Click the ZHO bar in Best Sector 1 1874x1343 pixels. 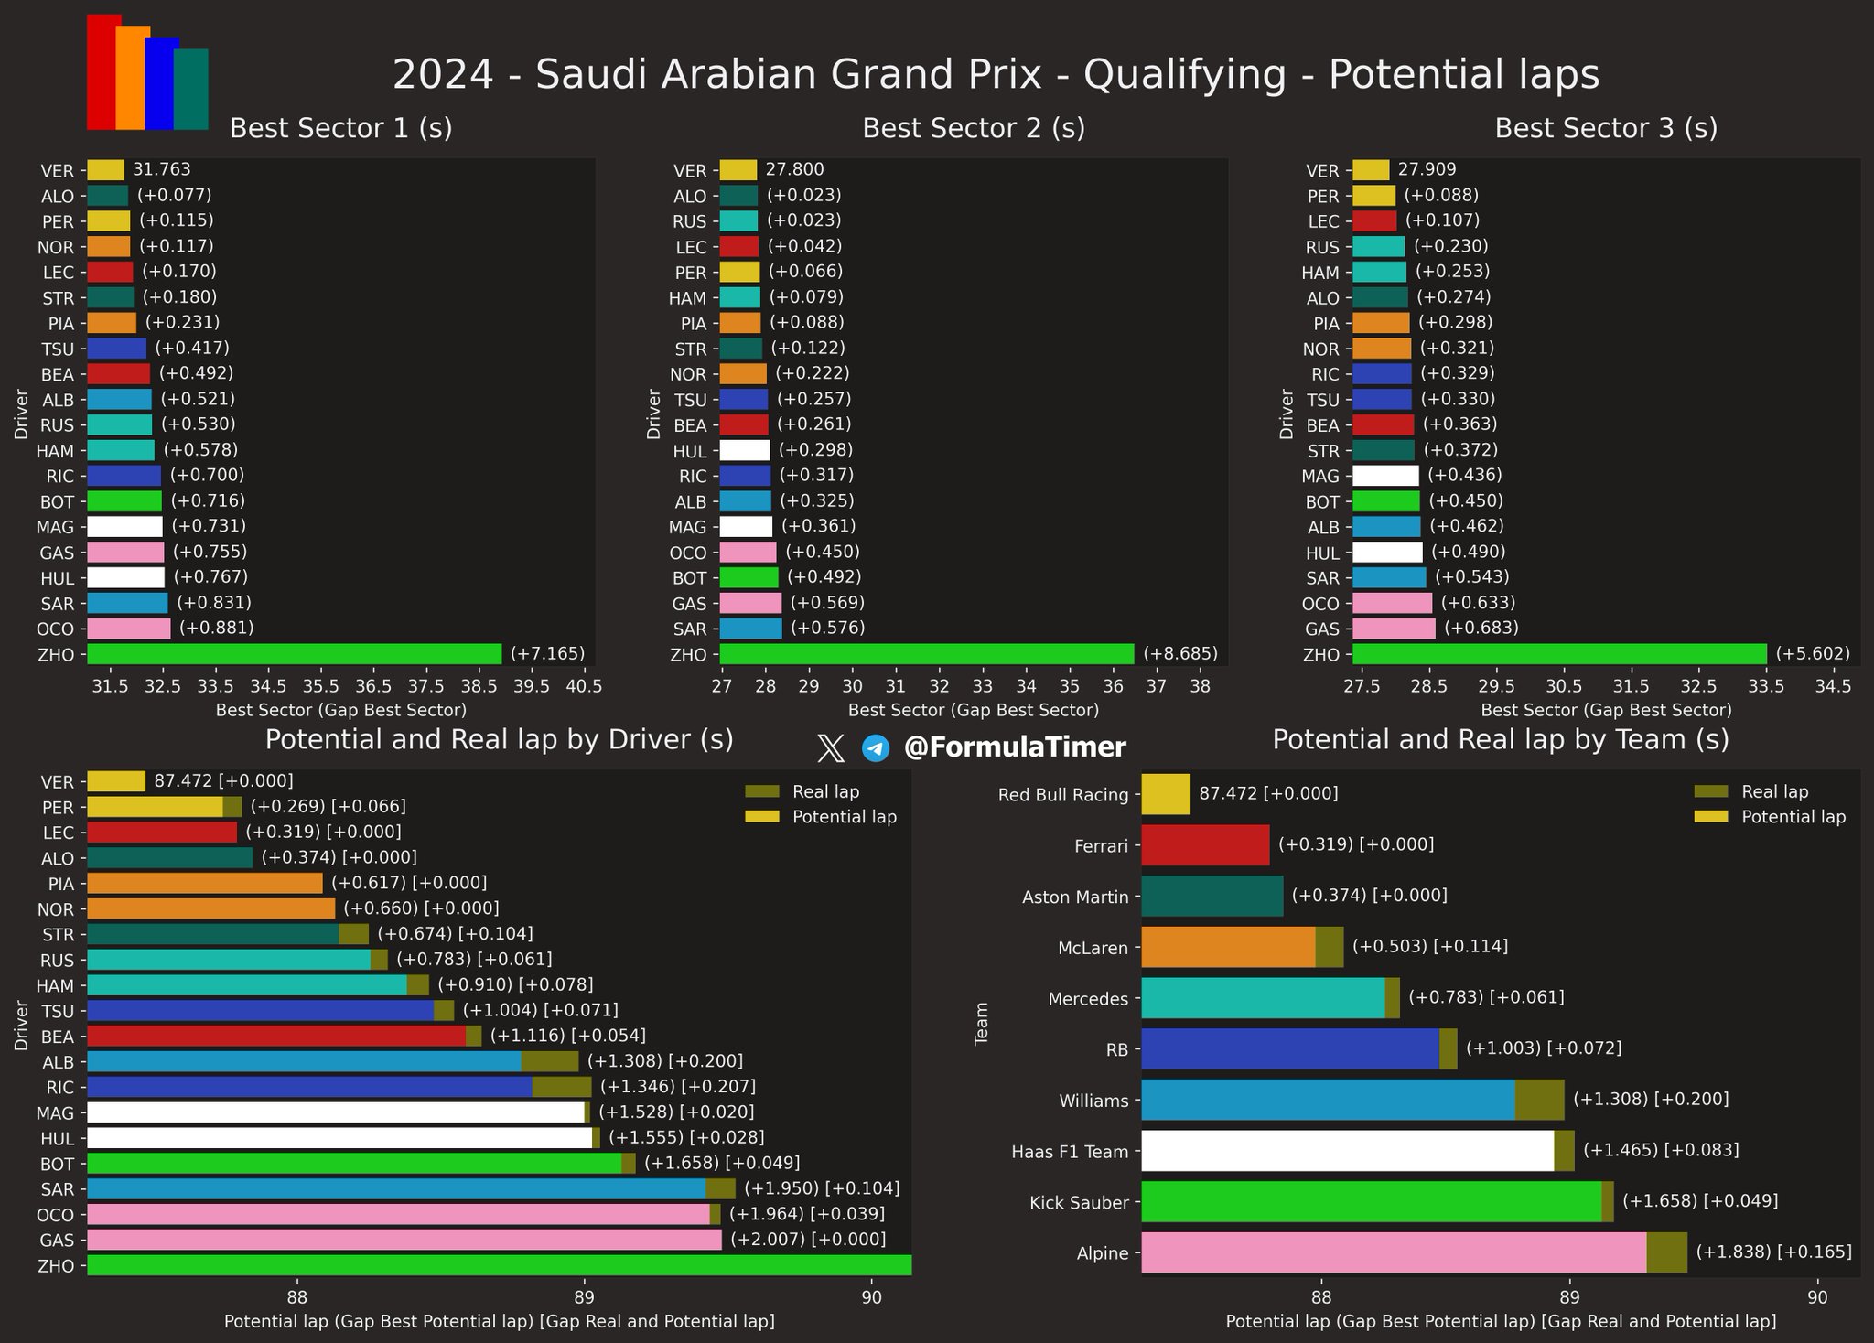(294, 654)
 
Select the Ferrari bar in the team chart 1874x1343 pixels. (1205, 845)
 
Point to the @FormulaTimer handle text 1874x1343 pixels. (1015, 747)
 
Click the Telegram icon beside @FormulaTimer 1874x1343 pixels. (876, 748)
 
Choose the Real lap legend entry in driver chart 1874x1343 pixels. (825, 792)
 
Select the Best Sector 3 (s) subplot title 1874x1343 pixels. (1606, 128)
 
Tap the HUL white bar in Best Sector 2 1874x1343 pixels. (745, 450)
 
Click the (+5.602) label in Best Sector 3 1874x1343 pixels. (1813, 654)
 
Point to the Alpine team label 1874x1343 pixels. (1103, 1253)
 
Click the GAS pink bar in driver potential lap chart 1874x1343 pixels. (404, 1240)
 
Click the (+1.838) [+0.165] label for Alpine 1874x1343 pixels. (1773, 1252)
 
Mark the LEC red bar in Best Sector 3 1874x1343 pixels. (1374, 220)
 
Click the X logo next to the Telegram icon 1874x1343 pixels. (830, 748)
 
